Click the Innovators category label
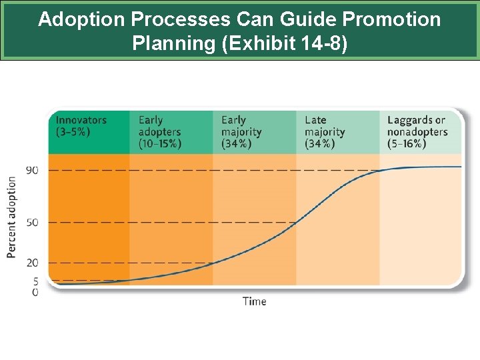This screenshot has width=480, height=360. [81, 120]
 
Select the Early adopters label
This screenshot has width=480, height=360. [159, 126]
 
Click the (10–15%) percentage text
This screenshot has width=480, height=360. [159, 144]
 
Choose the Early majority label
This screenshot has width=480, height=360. [241, 126]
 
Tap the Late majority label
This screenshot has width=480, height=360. [325, 126]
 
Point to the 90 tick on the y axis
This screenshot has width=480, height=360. [32, 170]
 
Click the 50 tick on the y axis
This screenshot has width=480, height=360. [32, 222]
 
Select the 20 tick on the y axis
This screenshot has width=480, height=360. [32, 263]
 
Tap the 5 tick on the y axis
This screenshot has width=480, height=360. [35, 281]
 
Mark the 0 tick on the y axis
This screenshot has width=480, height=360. [35, 292]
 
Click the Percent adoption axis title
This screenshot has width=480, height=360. [12, 217]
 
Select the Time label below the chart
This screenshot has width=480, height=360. [254, 301]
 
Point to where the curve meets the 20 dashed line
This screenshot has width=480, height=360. [213, 263]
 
